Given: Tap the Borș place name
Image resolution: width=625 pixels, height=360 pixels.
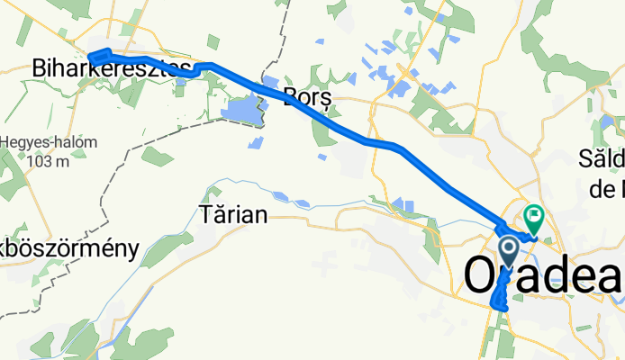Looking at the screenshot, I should tap(302, 96).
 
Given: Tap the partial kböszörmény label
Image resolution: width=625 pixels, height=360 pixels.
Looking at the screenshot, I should tap(69, 248).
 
